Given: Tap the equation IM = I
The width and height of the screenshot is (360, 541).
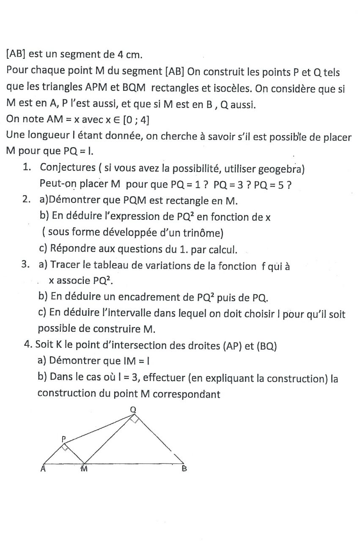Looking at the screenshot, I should coord(146,361).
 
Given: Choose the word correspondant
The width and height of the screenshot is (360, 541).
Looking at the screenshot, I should coord(186,393).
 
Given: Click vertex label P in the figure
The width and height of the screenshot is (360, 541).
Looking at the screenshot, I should coord(64,438).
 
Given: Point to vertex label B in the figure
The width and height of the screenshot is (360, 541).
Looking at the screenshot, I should coord(184,469).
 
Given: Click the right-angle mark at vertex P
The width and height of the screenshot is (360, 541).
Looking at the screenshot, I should coord(65,448).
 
